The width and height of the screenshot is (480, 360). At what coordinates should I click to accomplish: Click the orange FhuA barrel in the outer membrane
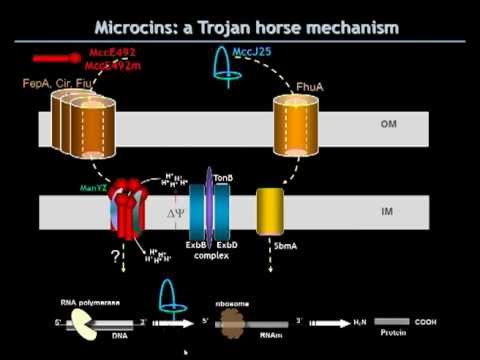coord(297,129)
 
